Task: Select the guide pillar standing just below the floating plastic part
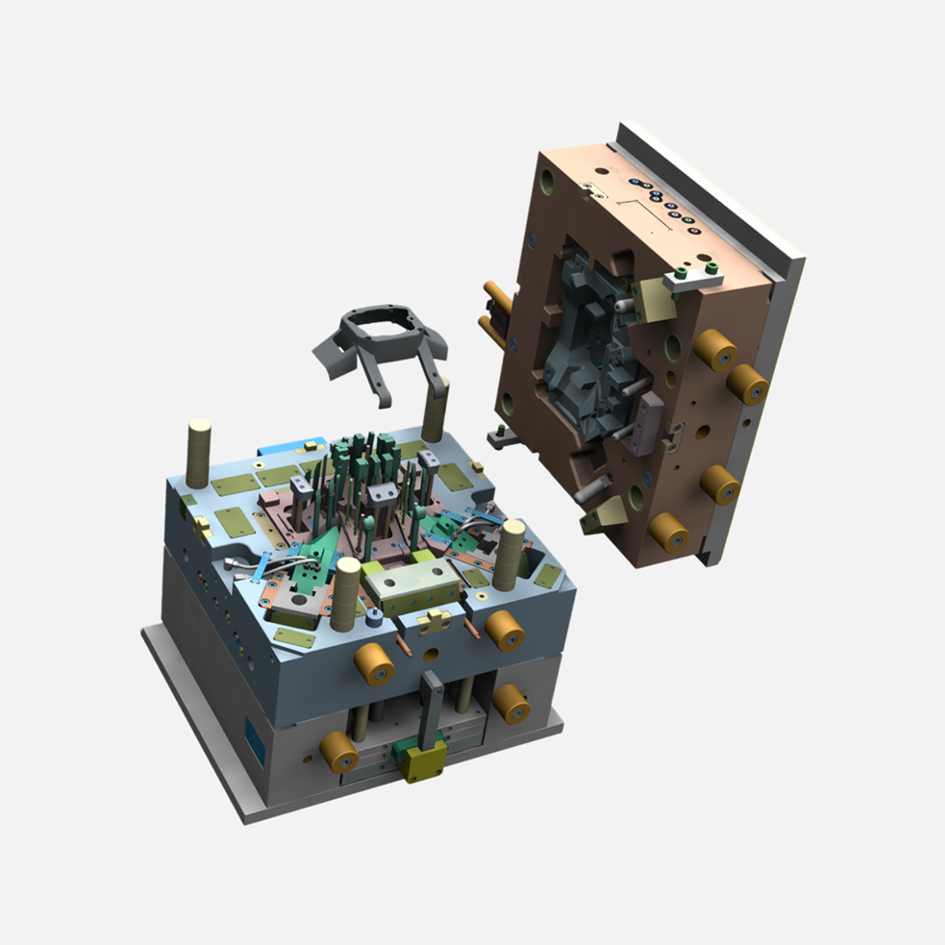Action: tap(435, 409)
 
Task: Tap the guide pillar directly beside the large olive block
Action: tap(346, 594)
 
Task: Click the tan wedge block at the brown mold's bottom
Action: tap(599, 518)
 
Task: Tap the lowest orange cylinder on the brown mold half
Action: tap(667, 531)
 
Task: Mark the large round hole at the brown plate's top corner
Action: tap(547, 180)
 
